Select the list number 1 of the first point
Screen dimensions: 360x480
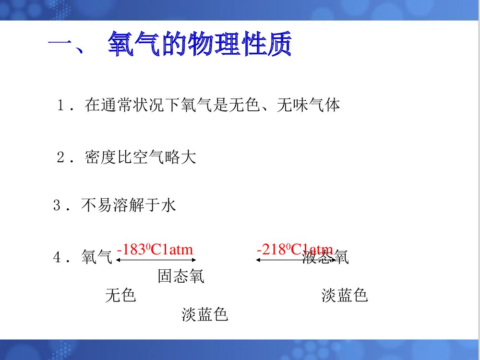[x=61, y=105]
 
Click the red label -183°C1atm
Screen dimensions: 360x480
[x=155, y=250]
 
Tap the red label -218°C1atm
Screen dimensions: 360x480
[x=294, y=250]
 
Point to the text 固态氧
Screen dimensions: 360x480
[x=181, y=276]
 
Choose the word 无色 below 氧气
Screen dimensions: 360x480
[x=120, y=295]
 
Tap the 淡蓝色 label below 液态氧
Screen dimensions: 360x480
[x=345, y=295]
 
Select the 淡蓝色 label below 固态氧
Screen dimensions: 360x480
[x=204, y=314]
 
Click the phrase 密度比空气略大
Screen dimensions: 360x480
[x=140, y=157]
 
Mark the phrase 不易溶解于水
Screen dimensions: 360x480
[x=129, y=205]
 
